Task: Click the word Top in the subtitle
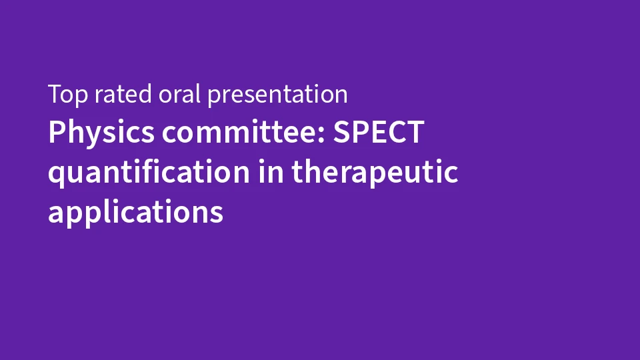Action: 68,95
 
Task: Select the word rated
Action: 123,94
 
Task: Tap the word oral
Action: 179,93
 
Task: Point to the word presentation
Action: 277,95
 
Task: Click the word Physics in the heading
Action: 101,133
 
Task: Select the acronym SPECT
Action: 379,132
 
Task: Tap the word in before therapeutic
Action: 271,171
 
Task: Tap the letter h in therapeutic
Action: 314,171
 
